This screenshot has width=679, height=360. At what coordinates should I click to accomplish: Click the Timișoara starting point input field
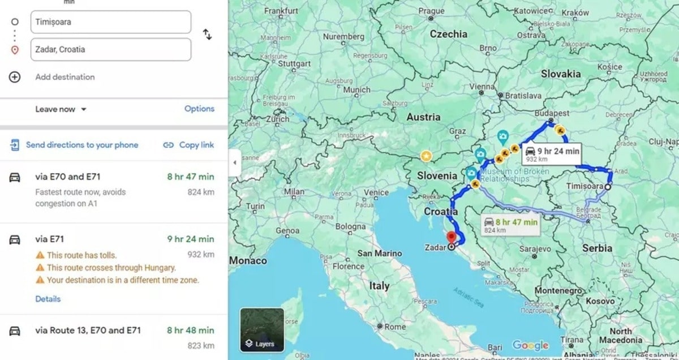110,22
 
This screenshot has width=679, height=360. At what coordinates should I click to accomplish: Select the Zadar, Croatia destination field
110,49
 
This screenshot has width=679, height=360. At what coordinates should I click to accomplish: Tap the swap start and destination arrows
208,35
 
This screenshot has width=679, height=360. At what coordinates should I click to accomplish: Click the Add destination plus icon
15,77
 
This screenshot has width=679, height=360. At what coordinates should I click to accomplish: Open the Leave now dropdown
61,109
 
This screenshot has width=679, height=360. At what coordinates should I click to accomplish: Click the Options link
199,109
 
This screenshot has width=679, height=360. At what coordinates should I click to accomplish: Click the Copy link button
189,145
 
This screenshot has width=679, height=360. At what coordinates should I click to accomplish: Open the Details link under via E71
48,299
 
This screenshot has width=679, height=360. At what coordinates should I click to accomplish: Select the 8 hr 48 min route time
190,330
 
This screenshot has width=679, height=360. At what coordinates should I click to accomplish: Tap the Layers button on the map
262,329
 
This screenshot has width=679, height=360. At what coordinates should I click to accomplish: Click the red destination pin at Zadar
451,237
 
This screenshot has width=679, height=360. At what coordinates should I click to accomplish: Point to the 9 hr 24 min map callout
552,153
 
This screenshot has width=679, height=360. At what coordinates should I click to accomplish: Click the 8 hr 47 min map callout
510,224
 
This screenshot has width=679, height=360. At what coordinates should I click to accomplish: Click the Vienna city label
482,87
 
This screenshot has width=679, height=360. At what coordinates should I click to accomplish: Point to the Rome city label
394,327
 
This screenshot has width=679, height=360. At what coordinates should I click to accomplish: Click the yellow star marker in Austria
426,155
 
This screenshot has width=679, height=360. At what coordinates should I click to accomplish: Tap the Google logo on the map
530,345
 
